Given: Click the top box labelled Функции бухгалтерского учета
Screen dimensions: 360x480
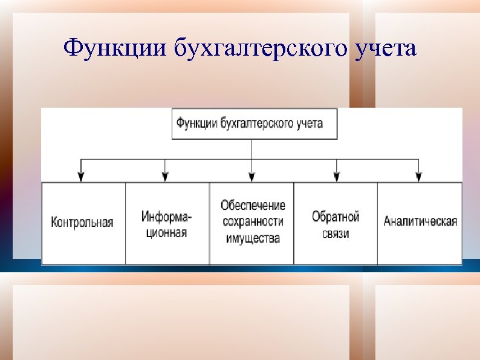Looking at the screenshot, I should tap(254, 124).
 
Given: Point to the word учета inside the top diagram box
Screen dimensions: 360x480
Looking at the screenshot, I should tap(309, 124).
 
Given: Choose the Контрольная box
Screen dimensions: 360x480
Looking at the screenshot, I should tap(83, 223).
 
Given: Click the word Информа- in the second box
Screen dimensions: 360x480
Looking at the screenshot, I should tap(167, 217).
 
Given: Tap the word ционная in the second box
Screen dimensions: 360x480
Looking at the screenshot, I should tap(166, 232).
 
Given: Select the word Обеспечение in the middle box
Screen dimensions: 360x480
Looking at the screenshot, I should tap(253, 206).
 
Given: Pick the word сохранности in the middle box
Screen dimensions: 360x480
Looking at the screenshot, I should tap(253, 221).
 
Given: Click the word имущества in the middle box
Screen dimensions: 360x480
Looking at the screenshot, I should tap(253, 238).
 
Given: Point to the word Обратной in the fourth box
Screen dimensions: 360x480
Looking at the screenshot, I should tap(336, 217).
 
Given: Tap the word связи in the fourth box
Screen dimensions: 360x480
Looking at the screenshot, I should tap(336, 233).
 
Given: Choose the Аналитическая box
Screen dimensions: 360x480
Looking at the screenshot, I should tap(420, 221).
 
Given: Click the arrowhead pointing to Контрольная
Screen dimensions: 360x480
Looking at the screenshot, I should tap(81, 176).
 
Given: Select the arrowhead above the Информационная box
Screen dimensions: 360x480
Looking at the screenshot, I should tap(165, 176).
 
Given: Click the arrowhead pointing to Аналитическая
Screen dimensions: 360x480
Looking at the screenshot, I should tap(418, 176).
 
